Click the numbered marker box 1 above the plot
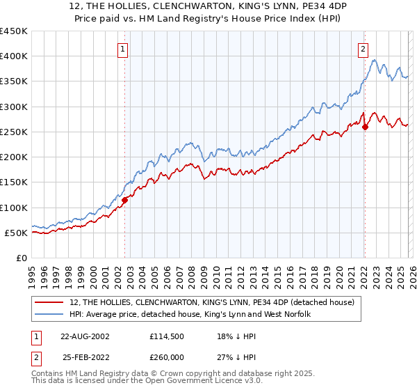[122, 49]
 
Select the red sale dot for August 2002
[125, 200]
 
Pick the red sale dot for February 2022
[365, 127]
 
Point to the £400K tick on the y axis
[15, 56]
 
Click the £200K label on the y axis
[15, 157]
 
